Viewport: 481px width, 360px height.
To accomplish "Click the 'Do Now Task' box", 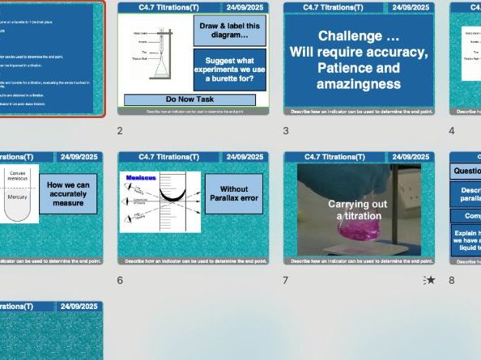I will point(189,100).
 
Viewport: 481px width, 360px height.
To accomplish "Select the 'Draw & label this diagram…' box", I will point(230,31).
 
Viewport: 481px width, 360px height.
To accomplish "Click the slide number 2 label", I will point(120,130).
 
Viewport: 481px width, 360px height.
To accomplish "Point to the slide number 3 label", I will point(287,130).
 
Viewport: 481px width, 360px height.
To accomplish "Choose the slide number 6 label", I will point(120,280).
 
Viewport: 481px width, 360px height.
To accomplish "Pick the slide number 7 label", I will point(287,280).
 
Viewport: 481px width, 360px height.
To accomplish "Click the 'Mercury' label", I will point(17,196).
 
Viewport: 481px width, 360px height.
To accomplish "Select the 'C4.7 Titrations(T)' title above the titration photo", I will point(334,157).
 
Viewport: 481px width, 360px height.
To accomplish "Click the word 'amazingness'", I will point(358,84).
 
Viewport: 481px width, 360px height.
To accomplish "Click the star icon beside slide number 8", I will point(430,280).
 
